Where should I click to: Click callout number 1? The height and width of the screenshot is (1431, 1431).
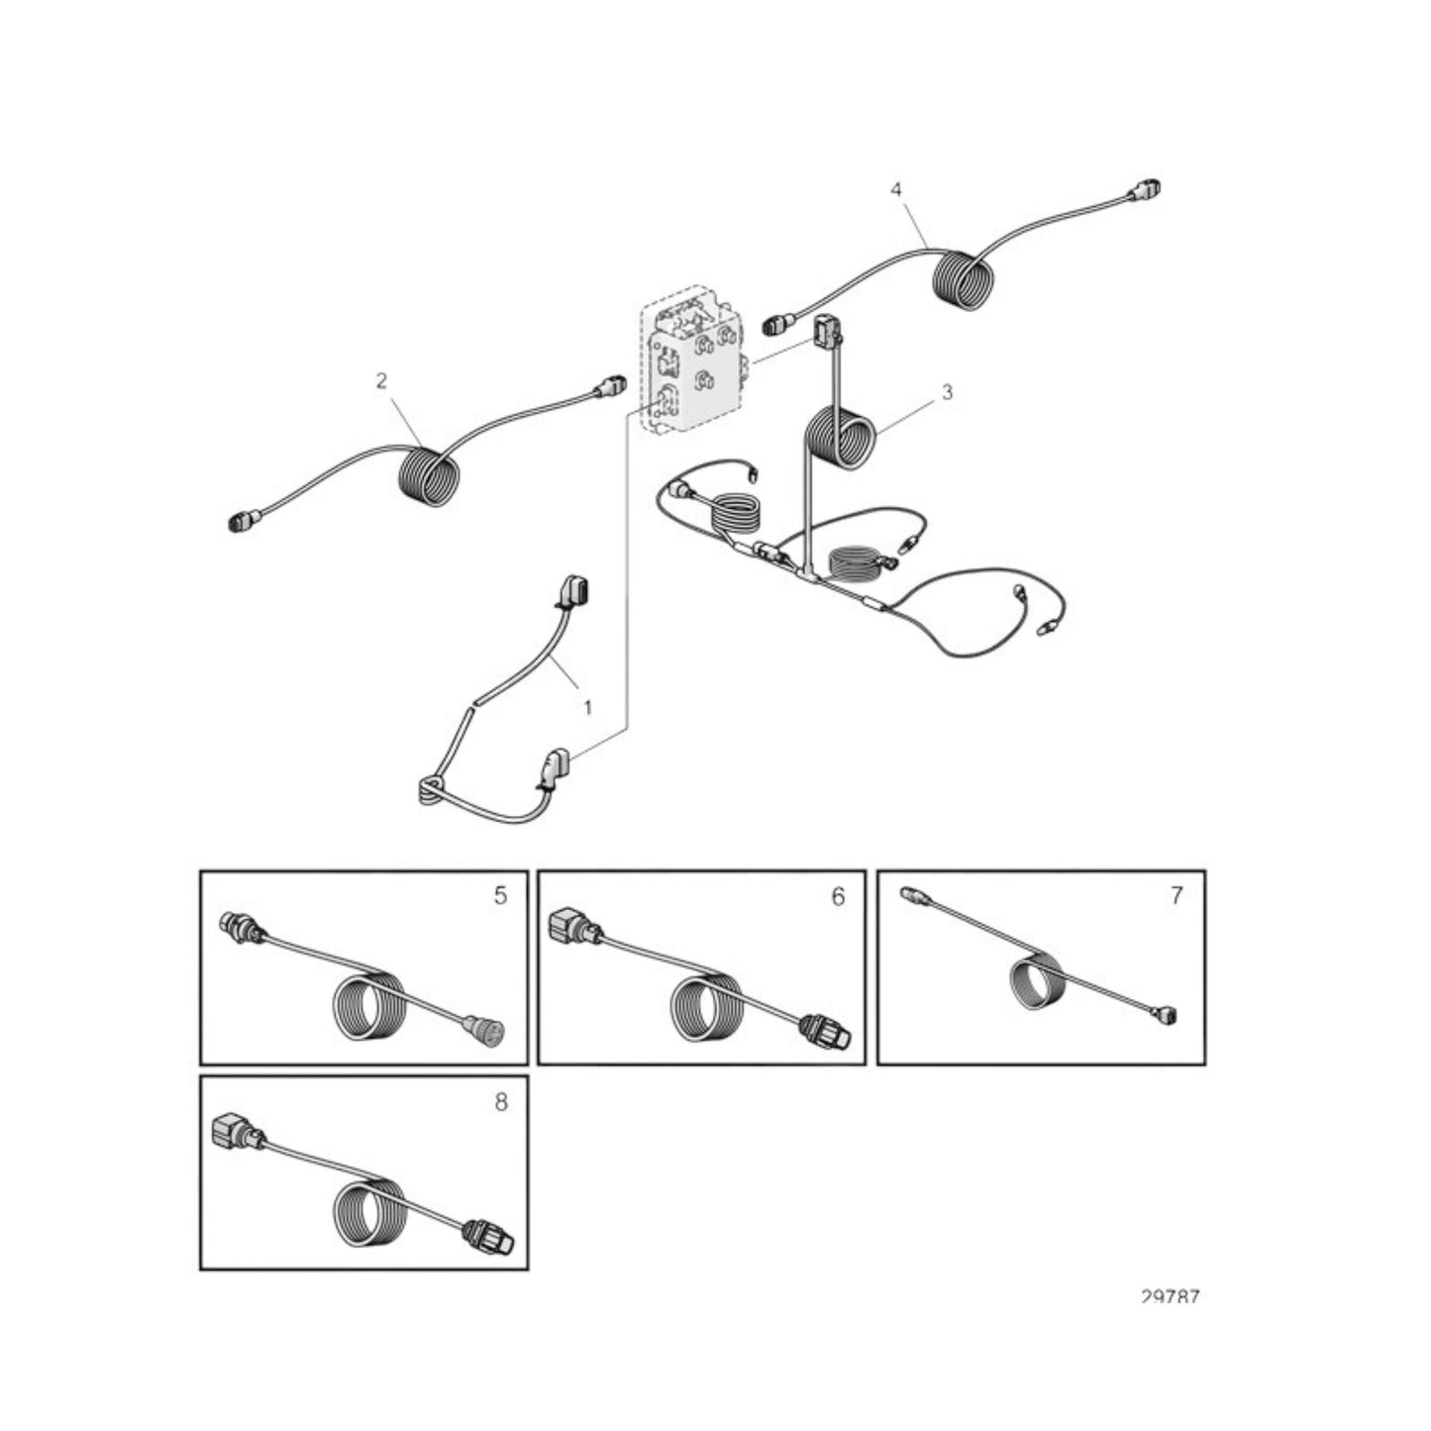coord(588,708)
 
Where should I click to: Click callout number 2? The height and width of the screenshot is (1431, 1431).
coord(381,380)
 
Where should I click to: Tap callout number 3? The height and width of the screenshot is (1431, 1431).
coord(947,392)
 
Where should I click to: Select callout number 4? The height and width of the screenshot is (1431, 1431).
coord(896,189)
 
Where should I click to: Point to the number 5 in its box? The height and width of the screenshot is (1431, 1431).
coord(500,895)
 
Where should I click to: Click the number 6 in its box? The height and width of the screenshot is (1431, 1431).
coord(838,896)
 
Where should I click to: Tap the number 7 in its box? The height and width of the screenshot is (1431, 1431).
coord(1176,895)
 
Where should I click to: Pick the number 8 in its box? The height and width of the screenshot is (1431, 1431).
coord(500,1101)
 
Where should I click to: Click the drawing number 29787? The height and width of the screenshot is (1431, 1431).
coord(1170,1297)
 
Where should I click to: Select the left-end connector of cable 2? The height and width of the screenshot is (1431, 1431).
coord(241,522)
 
